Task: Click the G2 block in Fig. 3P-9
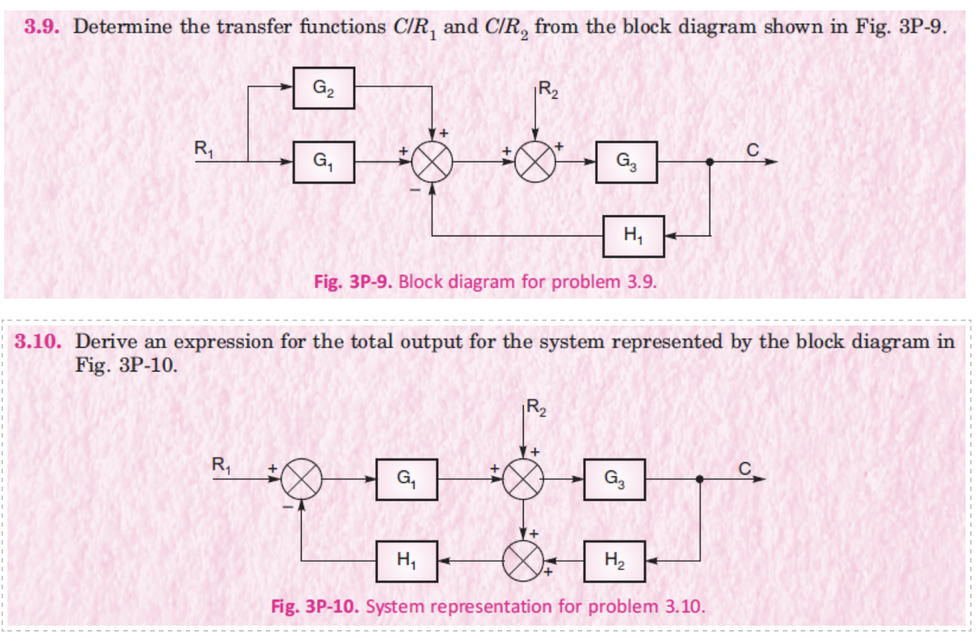coord(323,88)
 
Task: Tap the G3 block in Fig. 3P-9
coord(626,162)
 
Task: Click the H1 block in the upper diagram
coord(633,236)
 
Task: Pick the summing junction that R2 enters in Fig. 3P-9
coord(534,162)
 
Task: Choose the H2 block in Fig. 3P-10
coord(614,562)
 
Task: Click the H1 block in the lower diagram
coord(406,562)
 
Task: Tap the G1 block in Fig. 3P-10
coord(406,480)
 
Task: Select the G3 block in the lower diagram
coord(614,480)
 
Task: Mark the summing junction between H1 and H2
coord(524,562)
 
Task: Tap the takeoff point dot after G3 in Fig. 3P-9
coord(711,162)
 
